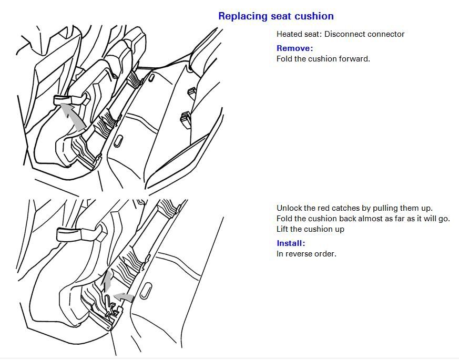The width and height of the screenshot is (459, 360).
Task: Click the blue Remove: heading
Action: [295, 48]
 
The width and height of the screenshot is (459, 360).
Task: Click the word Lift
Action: [282, 229]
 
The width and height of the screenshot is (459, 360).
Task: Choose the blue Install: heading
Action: [291, 243]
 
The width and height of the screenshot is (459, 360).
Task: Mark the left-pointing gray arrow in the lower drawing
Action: [124, 297]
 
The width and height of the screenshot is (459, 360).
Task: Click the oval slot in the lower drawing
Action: [146, 291]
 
